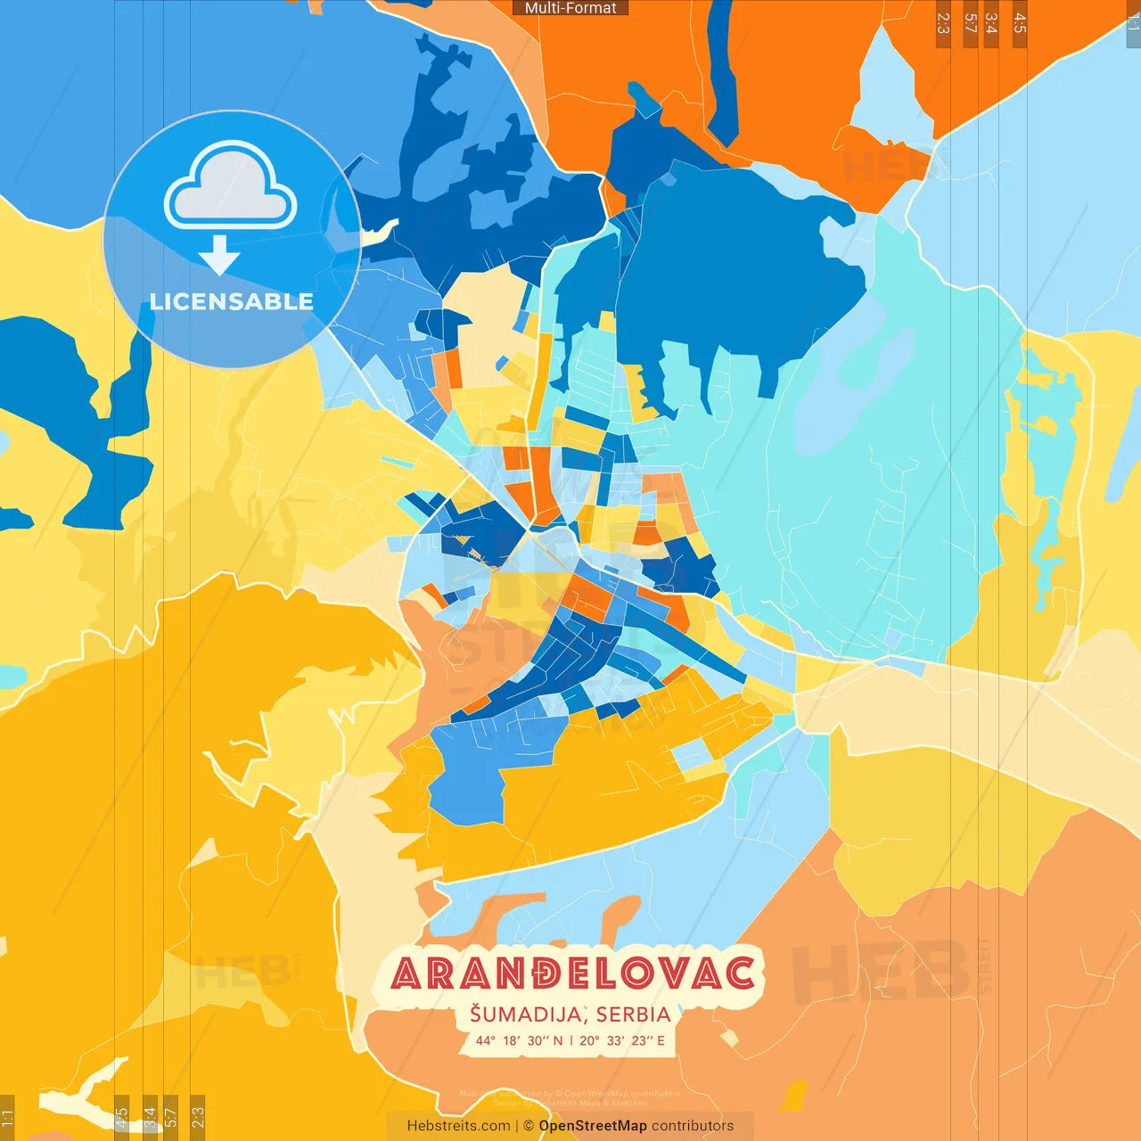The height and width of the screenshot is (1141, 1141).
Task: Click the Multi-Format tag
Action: (x=570, y=8)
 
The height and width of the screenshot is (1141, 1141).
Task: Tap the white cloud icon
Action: (x=231, y=186)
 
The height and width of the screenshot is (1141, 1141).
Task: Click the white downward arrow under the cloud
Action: (x=219, y=256)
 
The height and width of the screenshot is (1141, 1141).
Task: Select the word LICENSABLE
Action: (x=232, y=301)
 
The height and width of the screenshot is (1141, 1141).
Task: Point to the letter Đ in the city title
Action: (x=538, y=973)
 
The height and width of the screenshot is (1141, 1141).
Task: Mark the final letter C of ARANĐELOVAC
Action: (x=739, y=973)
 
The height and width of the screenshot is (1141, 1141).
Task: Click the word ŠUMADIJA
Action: (x=526, y=1014)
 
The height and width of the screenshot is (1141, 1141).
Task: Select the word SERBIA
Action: (x=634, y=1014)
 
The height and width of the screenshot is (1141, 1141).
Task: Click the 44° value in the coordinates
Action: (x=485, y=1041)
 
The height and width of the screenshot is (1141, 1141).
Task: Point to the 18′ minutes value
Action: (x=513, y=1041)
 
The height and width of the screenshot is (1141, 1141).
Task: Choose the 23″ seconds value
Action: (x=643, y=1041)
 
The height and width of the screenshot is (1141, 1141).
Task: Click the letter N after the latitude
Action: (x=558, y=1041)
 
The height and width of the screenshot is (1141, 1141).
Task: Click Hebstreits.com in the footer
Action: (x=458, y=1126)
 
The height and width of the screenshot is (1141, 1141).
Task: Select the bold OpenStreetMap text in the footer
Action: (x=593, y=1126)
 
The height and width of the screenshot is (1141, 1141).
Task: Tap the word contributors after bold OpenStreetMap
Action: (x=693, y=1126)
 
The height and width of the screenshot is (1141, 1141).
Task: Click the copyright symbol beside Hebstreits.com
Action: (x=529, y=1126)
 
